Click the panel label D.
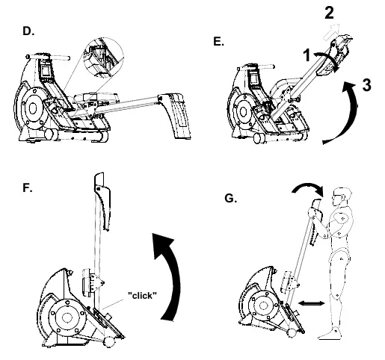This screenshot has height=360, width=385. (28, 31)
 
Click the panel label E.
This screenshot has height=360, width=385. (219, 41)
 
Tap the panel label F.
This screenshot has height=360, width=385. (28, 187)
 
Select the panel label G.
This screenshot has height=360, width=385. (230, 199)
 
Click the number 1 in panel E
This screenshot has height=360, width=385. (307, 55)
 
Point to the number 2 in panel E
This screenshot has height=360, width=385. (329, 13)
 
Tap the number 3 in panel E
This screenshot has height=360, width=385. (366, 85)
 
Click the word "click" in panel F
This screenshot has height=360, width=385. (142, 296)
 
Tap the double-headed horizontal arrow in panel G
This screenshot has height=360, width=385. (312, 303)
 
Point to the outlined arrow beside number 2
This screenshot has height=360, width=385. (331, 32)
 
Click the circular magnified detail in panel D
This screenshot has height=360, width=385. (104, 57)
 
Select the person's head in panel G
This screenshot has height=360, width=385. (342, 196)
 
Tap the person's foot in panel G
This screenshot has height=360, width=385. (330, 334)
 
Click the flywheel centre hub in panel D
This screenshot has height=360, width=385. (33, 108)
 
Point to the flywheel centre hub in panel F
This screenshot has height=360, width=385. (67, 317)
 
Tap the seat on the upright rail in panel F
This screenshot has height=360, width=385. (87, 282)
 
